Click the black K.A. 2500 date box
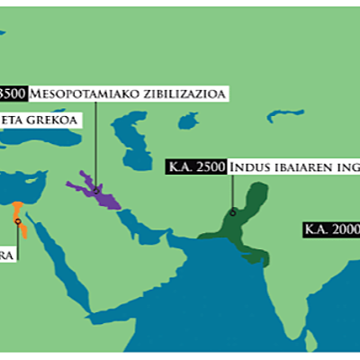coord(197,167)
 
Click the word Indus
coord(248,167)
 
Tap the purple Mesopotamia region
coord(102,192)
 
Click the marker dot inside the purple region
coord(95,191)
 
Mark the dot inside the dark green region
coord(232,212)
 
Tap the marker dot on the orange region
coord(17,220)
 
